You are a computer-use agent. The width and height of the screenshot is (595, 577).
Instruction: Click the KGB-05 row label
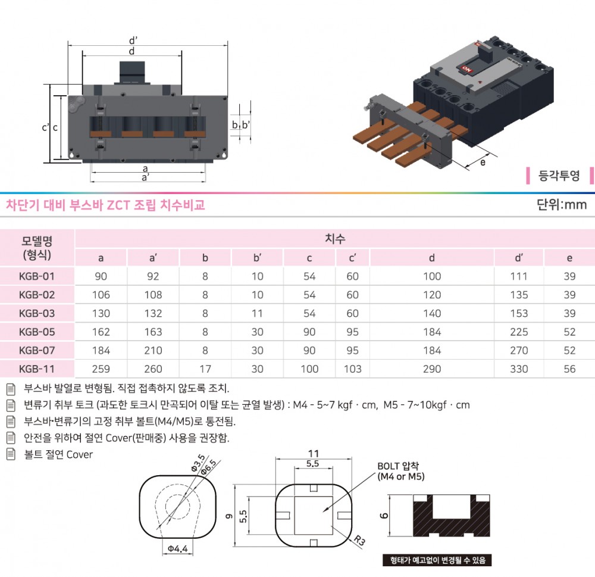click(x=37, y=332)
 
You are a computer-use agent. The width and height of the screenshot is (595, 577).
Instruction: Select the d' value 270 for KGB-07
click(x=519, y=350)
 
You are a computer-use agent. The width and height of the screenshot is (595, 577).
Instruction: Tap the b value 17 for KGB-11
click(x=205, y=369)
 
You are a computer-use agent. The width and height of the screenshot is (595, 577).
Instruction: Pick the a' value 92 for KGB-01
click(x=153, y=276)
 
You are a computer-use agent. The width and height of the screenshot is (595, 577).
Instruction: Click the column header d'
click(x=519, y=258)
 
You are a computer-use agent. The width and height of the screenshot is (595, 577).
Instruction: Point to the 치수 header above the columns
click(x=334, y=239)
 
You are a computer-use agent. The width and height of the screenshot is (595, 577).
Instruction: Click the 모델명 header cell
click(x=37, y=248)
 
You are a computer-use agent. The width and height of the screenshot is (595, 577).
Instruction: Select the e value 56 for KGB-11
click(x=569, y=369)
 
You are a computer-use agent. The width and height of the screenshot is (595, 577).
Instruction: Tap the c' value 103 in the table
click(x=352, y=369)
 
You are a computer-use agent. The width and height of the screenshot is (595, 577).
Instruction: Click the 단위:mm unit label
click(x=562, y=205)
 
